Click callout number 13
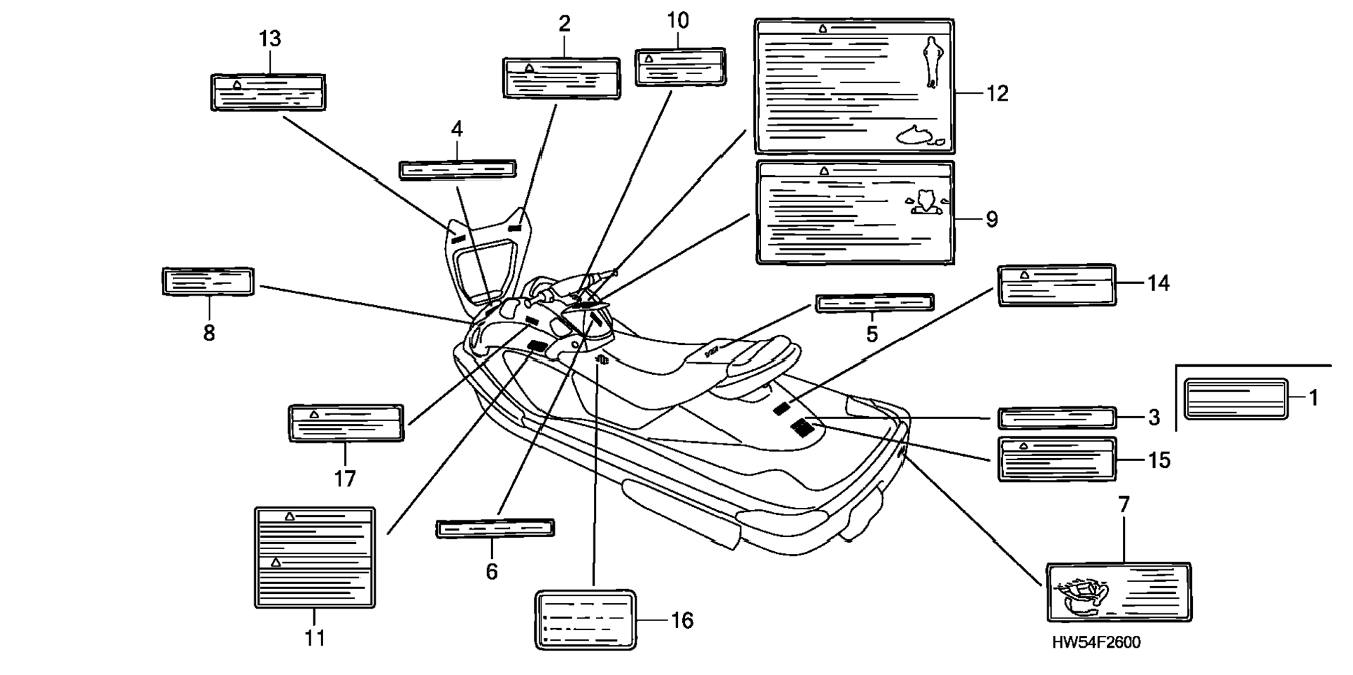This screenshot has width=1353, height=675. click(x=270, y=39)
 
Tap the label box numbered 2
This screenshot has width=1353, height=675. click(x=561, y=78)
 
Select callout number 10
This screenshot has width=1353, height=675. click(x=677, y=21)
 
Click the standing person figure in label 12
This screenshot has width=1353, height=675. click(x=932, y=62)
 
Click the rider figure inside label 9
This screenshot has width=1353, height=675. click(x=927, y=202)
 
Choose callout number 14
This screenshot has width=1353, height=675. click(x=1158, y=283)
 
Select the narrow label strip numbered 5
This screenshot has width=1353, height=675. click(x=874, y=304)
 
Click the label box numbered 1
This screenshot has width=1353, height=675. click(x=1235, y=399)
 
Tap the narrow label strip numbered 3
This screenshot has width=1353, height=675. click(x=1056, y=418)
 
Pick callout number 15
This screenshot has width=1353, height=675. click(x=1159, y=460)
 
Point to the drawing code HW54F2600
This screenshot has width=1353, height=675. click(x=1096, y=642)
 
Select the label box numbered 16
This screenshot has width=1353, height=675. click(x=586, y=620)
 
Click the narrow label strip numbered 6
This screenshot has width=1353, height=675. click(x=495, y=528)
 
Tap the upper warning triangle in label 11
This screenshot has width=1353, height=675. click(x=290, y=516)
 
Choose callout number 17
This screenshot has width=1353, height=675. click(x=345, y=478)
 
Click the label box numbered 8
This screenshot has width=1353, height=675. click(x=208, y=281)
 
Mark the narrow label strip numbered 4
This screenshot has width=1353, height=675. click(x=458, y=169)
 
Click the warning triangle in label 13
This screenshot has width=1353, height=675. click(x=237, y=85)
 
